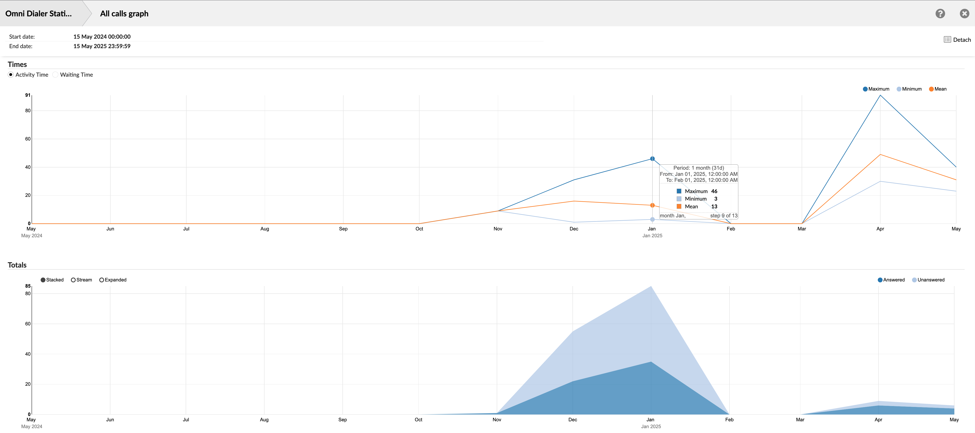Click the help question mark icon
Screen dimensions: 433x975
coord(940,14)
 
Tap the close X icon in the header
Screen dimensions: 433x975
coord(964,14)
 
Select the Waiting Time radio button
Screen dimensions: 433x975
coord(56,75)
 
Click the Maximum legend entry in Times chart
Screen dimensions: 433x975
coord(876,89)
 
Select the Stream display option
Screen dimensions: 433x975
coord(81,280)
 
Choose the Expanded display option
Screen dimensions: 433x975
coord(113,280)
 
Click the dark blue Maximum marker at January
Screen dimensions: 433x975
coord(652,159)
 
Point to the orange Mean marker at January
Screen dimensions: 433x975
coord(652,205)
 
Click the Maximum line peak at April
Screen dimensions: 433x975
coord(880,95)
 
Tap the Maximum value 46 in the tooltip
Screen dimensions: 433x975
coord(714,191)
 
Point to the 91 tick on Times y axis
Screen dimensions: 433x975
coord(28,95)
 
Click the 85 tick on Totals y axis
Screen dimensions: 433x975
coord(28,286)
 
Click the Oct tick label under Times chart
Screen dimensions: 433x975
coord(419,229)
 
